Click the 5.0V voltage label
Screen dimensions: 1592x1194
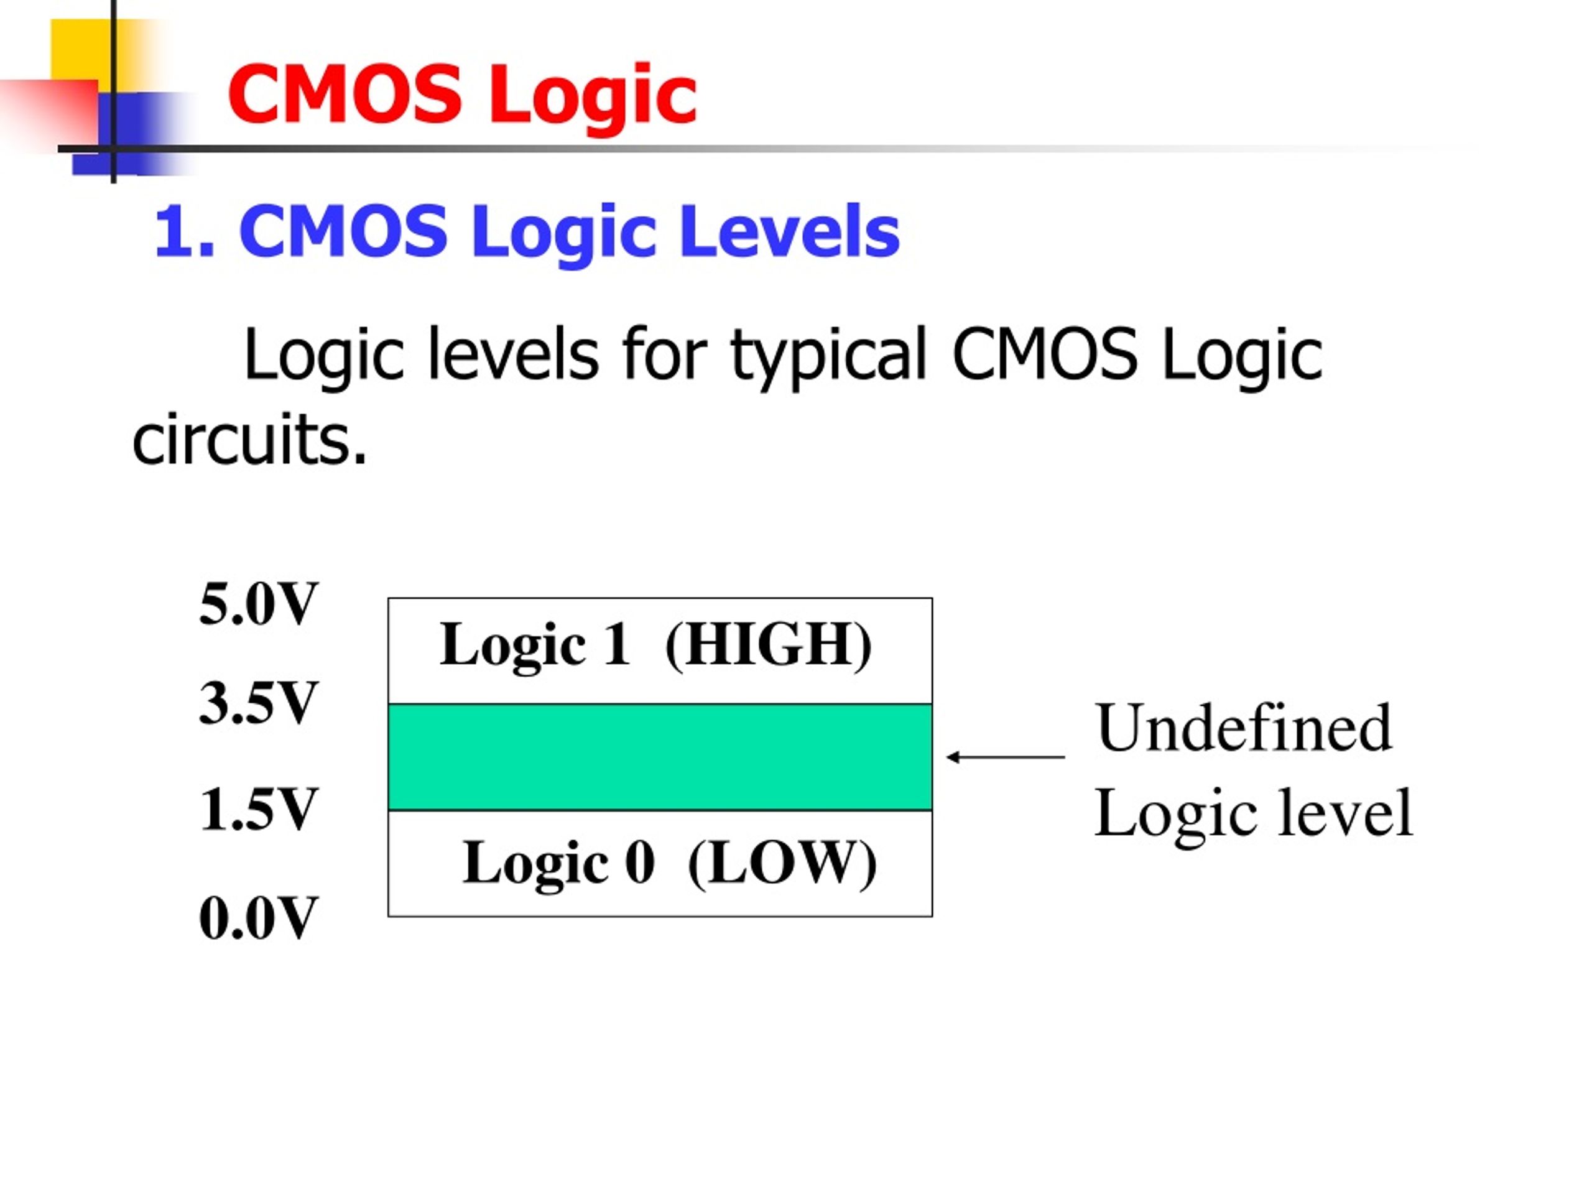pyautogui.click(x=258, y=604)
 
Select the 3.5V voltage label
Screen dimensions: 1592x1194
pyautogui.click(x=258, y=703)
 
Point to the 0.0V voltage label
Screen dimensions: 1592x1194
pyautogui.click(x=258, y=919)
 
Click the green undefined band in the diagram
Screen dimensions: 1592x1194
pyautogui.click(x=660, y=757)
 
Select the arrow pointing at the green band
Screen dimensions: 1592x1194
pyautogui.click(x=1006, y=757)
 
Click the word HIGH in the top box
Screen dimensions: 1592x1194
pyautogui.click(x=768, y=645)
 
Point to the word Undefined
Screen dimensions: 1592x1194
pyautogui.click(x=1244, y=728)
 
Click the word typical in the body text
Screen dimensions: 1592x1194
pyautogui.click(x=828, y=356)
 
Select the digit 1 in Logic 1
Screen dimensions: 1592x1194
pyautogui.click(x=617, y=644)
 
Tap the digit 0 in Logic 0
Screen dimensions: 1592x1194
pyautogui.click(x=640, y=862)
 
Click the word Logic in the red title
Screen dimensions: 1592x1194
pyautogui.click(x=593, y=96)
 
